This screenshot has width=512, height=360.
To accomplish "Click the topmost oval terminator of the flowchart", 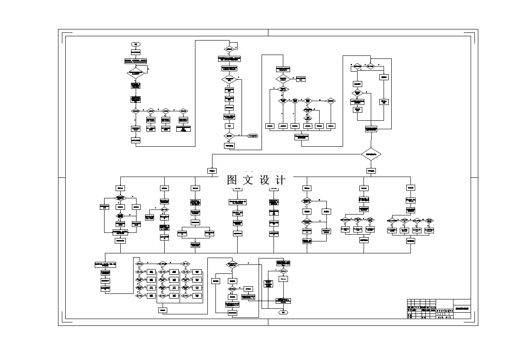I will click(136, 44).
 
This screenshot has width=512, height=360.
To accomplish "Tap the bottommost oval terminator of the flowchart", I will click(283, 313).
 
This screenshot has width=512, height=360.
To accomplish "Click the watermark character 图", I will click(232, 180).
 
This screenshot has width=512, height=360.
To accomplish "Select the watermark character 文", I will click(248, 180).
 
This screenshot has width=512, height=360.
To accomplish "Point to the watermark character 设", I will click(264, 180).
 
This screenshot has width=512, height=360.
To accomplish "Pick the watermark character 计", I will click(280, 180).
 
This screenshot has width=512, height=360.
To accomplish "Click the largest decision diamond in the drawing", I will click(371, 154).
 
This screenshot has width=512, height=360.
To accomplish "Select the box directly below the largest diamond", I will click(371, 171).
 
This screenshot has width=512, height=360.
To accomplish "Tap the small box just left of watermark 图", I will click(212, 171).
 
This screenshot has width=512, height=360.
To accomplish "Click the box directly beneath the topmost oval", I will click(136, 52).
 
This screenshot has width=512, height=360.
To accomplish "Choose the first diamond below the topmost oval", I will click(136, 73).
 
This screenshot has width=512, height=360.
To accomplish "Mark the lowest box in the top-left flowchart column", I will click(136, 140).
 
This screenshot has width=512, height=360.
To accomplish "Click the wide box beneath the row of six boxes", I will click(301, 137).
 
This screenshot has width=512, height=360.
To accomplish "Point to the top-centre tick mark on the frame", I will click(268, 33).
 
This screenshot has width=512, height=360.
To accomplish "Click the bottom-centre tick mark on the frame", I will click(268, 322).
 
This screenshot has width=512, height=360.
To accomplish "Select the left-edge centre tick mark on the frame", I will click(62, 177).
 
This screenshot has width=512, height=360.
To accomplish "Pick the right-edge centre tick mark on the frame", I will click(474, 177).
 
